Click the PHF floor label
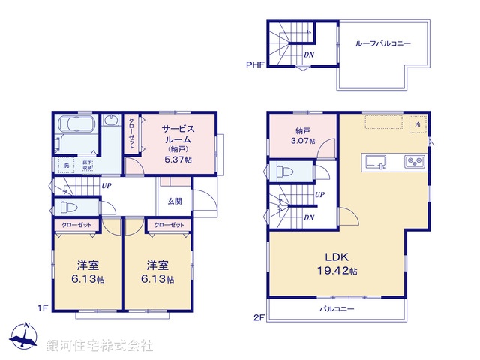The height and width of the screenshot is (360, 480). [254, 65]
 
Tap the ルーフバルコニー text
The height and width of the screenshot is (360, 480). [382, 44]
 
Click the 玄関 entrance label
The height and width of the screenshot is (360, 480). [174, 200]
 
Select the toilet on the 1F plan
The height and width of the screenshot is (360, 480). [68, 205]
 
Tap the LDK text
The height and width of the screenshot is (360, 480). [334, 254]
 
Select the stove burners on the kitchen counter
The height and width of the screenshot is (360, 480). [415, 160]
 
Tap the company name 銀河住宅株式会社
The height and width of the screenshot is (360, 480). [100, 346]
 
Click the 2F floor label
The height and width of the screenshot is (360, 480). [257, 317]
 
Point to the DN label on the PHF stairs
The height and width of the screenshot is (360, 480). [308, 55]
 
